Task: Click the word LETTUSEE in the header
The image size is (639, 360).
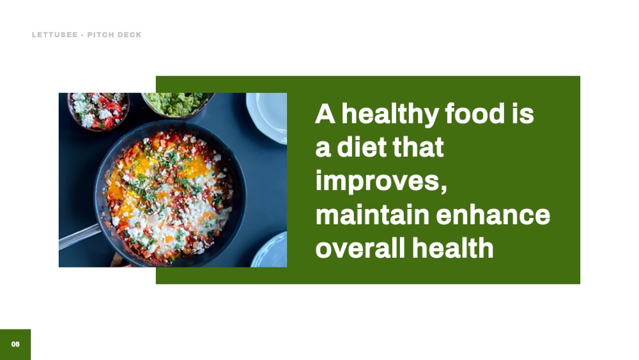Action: click(54, 35)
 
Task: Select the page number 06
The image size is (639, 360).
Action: click(15, 344)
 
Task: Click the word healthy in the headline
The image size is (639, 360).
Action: click(390, 114)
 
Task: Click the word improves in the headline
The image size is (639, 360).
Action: click(378, 182)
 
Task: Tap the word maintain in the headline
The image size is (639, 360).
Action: click(373, 214)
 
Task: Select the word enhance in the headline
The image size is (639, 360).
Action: click(493, 214)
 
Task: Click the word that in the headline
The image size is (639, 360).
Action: click(418, 147)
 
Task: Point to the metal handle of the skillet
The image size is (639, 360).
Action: click(79, 237)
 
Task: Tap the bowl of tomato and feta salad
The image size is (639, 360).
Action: click(98, 110)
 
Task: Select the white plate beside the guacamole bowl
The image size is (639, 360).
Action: click(267, 117)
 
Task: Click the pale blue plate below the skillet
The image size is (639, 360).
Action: click(270, 251)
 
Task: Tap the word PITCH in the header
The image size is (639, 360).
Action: click(100, 35)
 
